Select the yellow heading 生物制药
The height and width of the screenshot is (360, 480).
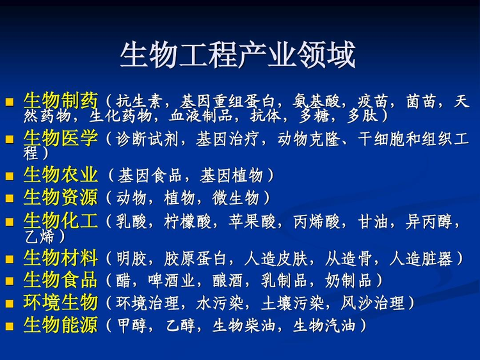(61, 101)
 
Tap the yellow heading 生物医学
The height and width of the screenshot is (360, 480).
(61, 138)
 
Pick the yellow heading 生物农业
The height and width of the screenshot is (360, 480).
(61, 175)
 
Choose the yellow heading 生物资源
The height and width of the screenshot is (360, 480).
(61, 197)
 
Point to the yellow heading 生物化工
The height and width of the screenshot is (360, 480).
(61, 221)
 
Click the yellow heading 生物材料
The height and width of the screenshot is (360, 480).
(61, 258)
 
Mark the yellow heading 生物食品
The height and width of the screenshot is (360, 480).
(61, 280)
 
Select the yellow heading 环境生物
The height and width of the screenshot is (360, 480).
(61, 302)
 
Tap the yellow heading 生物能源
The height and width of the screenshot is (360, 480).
(61, 325)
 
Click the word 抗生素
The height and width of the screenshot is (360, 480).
(140, 102)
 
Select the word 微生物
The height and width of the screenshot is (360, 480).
(237, 198)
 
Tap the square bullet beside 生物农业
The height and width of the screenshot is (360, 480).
(10, 176)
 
